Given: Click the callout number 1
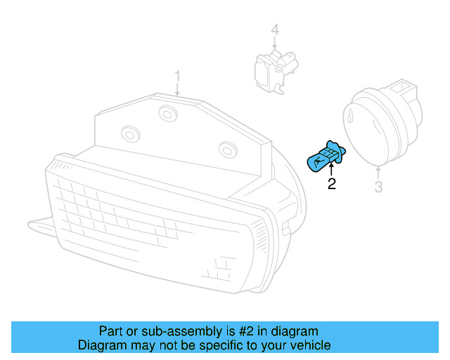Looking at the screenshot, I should click(x=178, y=75).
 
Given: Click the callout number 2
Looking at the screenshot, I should click(x=331, y=184).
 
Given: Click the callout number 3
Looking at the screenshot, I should click(x=378, y=187).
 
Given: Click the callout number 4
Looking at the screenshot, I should click(x=275, y=30).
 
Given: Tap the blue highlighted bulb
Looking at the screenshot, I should click(x=324, y=156).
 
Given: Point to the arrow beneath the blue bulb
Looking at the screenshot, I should click(x=331, y=169).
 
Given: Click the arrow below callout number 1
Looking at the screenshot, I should click(x=178, y=89).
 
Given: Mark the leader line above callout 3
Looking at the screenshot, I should click(x=379, y=172).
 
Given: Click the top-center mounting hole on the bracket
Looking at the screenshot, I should click(x=167, y=112).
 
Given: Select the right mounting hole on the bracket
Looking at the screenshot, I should click(x=226, y=148).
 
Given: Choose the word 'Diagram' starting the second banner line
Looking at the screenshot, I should click(x=101, y=345).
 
